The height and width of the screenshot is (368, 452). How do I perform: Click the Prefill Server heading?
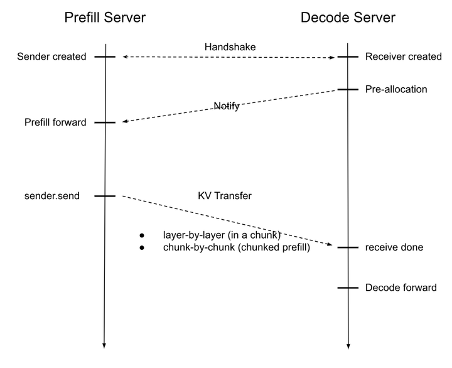click(105, 18)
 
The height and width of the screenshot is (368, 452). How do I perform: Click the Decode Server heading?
click(348, 18)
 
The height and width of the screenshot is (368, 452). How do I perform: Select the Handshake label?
click(230, 47)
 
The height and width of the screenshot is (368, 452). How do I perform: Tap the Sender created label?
click(51, 57)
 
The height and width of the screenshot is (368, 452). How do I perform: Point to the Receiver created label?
click(403, 57)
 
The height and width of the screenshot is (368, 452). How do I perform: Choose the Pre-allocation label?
click(396, 89)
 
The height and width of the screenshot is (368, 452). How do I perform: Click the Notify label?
click(227, 106)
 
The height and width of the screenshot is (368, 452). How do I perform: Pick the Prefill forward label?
click(55, 122)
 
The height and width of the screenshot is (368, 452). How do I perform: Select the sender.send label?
click(52, 196)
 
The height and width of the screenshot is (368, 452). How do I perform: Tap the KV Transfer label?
click(225, 196)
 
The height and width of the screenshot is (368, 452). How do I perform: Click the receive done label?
click(394, 247)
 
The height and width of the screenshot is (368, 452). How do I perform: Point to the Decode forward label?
click(401, 288)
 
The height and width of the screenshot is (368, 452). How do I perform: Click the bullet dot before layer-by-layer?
click(141, 235)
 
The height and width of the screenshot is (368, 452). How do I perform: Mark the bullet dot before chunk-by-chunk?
click(141, 247)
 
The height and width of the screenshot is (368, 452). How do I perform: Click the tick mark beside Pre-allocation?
click(348, 90)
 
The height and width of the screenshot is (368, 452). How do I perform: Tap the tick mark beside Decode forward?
click(348, 288)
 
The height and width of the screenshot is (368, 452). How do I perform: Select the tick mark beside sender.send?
click(105, 196)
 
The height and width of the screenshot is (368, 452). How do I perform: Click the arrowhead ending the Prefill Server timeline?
click(104, 346)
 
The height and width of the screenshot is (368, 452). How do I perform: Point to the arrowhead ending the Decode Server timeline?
click(348, 346)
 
